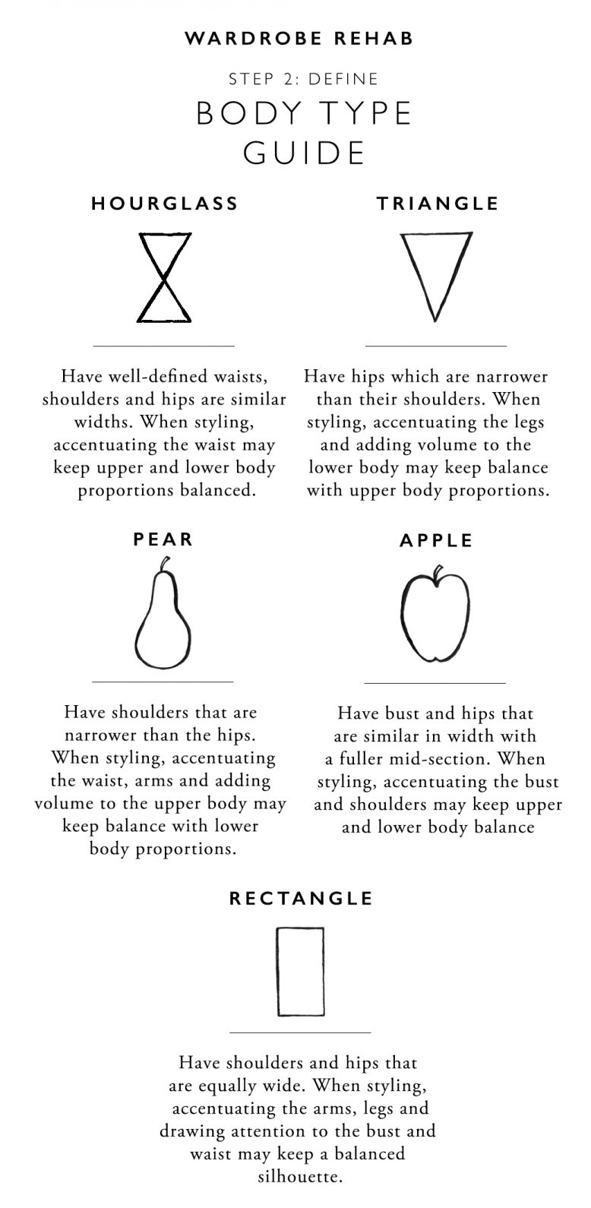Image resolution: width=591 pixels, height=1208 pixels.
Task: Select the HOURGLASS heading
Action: (x=164, y=204)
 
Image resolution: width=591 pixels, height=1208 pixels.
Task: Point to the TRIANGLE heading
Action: (x=438, y=204)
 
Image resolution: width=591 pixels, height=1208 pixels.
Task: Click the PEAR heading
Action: (x=163, y=539)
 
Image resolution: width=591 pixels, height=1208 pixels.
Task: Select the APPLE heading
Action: (x=436, y=540)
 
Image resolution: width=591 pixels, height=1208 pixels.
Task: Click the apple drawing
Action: (x=435, y=615)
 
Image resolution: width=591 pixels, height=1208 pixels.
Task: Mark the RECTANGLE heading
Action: (x=301, y=899)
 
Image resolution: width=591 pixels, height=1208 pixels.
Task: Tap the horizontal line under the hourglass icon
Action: (x=163, y=346)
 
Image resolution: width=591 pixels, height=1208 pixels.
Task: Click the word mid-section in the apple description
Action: (x=442, y=759)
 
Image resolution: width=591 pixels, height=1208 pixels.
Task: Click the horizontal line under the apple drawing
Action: (x=435, y=683)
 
